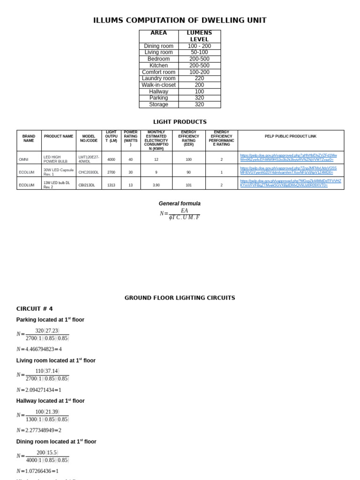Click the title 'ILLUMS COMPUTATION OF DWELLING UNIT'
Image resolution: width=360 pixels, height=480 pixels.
[x=180, y=20]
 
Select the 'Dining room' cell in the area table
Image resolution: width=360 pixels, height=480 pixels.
[x=158, y=46]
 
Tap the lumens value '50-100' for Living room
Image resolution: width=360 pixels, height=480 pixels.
[x=199, y=52]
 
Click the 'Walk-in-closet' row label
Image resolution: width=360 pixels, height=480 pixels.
[x=158, y=85]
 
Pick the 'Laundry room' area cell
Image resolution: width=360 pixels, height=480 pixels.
[x=158, y=78]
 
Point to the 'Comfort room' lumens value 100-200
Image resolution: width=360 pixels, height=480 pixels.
[x=199, y=72]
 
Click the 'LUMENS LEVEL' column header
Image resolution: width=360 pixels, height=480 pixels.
[x=199, y=36]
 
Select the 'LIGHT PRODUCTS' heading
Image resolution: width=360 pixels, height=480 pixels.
[x=180, y=122]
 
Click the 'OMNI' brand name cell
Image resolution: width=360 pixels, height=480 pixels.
[x=23, y=159]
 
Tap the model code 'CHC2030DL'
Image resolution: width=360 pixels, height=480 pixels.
[x=89, y=172]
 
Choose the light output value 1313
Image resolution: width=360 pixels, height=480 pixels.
[x=111, y=185]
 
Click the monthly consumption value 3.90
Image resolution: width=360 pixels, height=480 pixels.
[x=156, y=185]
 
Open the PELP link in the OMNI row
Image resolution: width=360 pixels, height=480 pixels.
[x=288, y=157]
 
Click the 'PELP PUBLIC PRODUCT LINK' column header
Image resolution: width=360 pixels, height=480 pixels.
[x=291, y=136]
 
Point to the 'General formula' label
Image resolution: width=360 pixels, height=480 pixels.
[x=180, y=203]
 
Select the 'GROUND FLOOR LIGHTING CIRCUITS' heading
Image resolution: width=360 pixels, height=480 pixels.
[x=180, y=298]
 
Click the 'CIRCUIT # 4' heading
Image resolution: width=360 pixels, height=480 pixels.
[x=35, y=308]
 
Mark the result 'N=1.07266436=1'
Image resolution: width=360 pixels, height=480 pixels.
[x=37, y=471]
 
